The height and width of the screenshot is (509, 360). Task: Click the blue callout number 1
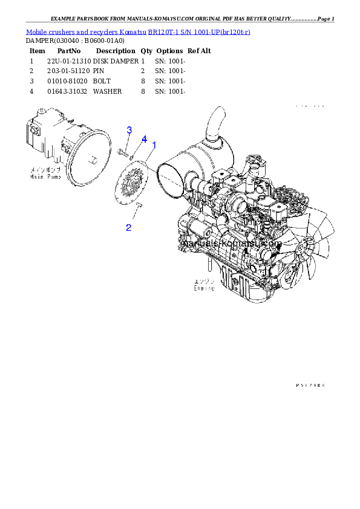pyautogui.click(x=154, y=146)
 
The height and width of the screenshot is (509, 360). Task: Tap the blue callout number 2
pyautogui.click(x=129, y=227)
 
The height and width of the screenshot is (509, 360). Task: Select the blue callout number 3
pyautogui.click(x=129, y=130)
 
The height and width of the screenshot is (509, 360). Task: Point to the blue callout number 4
pyautogui.click(x=144, y=139)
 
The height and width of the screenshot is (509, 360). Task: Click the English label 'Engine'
pyautogui.click(x=204, y=288)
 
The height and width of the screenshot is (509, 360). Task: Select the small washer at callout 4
pyautogui.click(x=134, y=155)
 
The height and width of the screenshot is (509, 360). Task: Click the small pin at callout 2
pyautogui.click(x=138, y=207)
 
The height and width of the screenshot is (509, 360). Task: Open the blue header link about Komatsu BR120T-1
pyautogui.click(x=138, y=31)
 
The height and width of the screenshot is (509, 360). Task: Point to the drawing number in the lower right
pyautogui.click(x=310, y=384)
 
